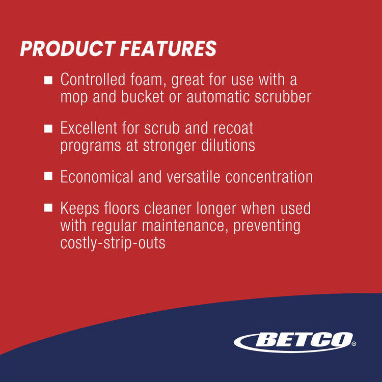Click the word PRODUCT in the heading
pyautogui.click(x=68, y=48)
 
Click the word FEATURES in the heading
pyautogui.click(x=168, y=48)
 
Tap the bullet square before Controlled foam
pyautogui.click(x=48, y=80)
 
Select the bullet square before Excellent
pyautogui.click(x=48, y=128)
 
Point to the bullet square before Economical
pyautogui.click(x=48, y=176)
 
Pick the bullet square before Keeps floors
pyautogui.click(x=48, y=208)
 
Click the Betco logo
pyautogui.click(x=294, y=342)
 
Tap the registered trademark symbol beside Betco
pyautogui.click(x=354, y=344)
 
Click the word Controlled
pyautogui.click(x=93, y=79)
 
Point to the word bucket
pyautogui.click(x=143, y=97)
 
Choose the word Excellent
pyautogui.click(x=89, y=128)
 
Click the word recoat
pyautogui.click(x=233, y=128)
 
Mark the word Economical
pyautogui.click(x=97, y=177)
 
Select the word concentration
pyautogui.click(x=269, y=177)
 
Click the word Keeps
pyautogui.click(x=79, y=208)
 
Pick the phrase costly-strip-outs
pyautogui.click(x=113, y=243)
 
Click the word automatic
pyautogui.click(x=218, y=97)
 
